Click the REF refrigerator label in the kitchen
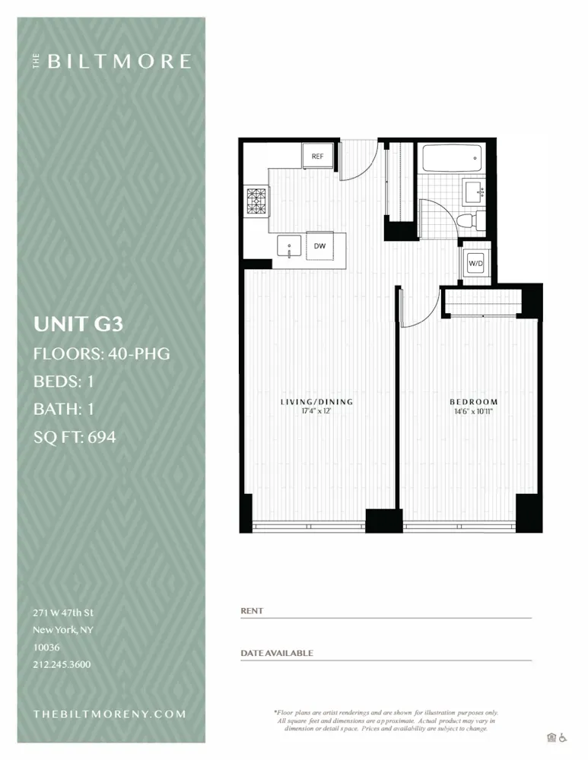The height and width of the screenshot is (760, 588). (x=317, y=157)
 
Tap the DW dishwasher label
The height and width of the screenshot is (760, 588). (x=320, y=246)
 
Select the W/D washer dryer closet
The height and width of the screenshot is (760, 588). (x=476, y=263)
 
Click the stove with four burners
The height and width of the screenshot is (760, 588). (x=256, y=201)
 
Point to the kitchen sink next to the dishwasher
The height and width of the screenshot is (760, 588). (x=290, y=246)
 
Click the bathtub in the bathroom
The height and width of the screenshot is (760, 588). (x=452, y=159)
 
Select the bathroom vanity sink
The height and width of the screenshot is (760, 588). (x=475, y=190)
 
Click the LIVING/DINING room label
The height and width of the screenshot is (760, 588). (x=317, y=402)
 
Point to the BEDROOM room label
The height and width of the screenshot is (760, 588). (x=473, y=402)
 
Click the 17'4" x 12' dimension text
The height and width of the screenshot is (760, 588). (x=317, y=412)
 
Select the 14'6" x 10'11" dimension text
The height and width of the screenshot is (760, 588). (x=473, y=412)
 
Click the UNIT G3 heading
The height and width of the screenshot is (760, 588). (x=78, y=325)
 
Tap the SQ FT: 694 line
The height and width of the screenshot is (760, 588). (x=75, y=437)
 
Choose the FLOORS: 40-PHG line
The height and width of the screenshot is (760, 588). (x=101, y=353)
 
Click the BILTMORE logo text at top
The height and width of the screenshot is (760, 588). (x=118, y=62)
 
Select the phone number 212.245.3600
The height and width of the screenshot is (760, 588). (x=62, y=664)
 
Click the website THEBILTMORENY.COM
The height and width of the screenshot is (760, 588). (x=110, y=714)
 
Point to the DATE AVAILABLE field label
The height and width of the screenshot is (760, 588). (x=277, y=653)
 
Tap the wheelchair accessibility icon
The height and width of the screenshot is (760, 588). (x=563, y=736)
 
